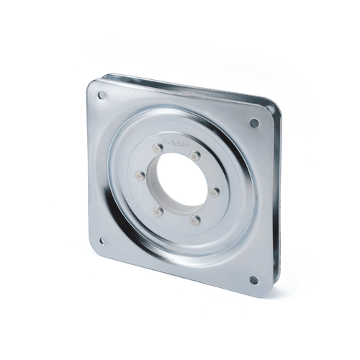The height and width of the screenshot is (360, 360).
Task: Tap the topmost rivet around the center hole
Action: coord(158,148)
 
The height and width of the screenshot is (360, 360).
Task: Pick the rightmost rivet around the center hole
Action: coord(214,192)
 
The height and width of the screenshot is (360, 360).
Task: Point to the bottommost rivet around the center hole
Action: coord(196,220)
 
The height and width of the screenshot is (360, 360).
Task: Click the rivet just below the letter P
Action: coord(195,156)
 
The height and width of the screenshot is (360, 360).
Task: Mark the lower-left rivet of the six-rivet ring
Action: coord(158,212)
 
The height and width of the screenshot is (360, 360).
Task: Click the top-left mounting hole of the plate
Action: coord(102,95)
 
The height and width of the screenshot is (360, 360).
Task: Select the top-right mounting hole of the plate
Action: coord(254,123)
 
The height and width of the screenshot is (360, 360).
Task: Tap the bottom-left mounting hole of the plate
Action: coord(102,241)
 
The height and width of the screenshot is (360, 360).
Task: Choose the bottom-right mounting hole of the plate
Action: coord(253,280)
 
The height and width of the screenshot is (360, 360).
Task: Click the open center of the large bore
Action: coord(176,180)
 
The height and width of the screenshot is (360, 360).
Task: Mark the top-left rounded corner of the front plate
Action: coord(92,86)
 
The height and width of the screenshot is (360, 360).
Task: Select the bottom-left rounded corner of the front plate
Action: coord(92,249)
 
